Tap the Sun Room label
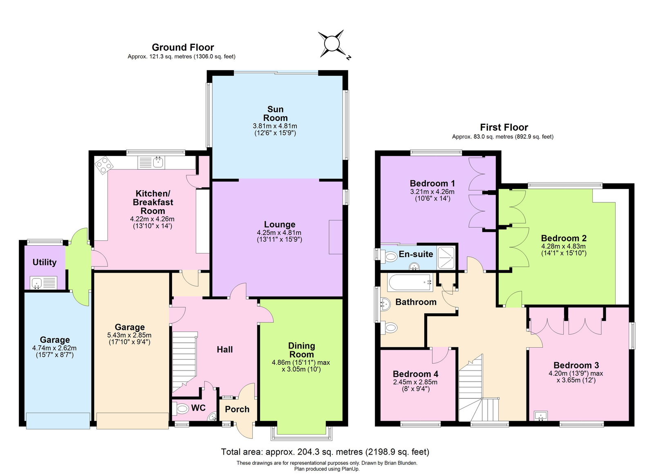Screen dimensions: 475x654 pyautogui.click(x=275, y=113)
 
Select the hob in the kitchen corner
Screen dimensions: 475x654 pyautogui.click(x=104, y=165)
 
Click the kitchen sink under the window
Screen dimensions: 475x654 pyautogui.click(x=158, y=162)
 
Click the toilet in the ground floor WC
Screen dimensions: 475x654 pyautogui.click(x=181, y=408)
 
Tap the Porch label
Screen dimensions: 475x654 pyautogui.click(x=237, y=409)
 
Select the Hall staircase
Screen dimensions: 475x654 pyautogui.click(x=184, y=362)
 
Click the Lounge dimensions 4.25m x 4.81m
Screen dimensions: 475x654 pyautogui.click(x=279, y=233)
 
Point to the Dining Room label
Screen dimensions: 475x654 pyautogui.click(x=302, y=350)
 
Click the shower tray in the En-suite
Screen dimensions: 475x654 pyautogui.click(x=446, y=257)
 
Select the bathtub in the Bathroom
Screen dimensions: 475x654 pyautogui.click(x=410, y=282)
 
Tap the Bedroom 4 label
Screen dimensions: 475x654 pyautogui.click(x=415, y=374)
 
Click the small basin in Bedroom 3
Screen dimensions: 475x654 pyautogui.click(x=541, y=415)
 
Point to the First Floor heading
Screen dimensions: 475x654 pyautogui.click(x=504, y=127)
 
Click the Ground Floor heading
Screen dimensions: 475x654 pyautogui.click(x=183, y=47)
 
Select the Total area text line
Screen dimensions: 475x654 pyautogui.click(x=325, y=452)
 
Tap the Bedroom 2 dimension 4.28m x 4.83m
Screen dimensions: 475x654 pyautogui.click(x=563, y=246)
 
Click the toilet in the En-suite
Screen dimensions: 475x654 pyautogui.click(x=391, y=257)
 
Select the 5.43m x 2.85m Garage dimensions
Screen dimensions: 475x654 pyautogui.click(x=129, y=335)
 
